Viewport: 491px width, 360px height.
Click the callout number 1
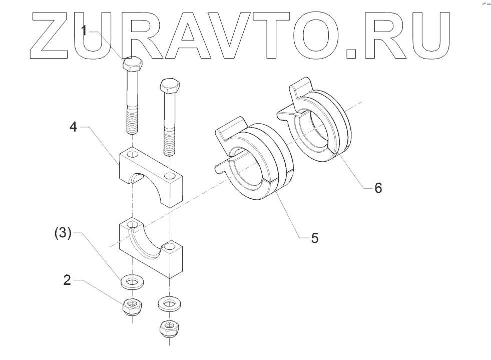(x=85, y=31)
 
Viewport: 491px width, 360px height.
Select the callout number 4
(x=73, y=127)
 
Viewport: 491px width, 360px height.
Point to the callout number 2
(x=66, y=280)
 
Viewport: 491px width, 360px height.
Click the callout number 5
(x=314, y=237)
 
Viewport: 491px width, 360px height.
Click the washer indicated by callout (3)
(x=132, y=281)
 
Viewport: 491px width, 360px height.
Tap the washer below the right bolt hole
(x=170, y=303)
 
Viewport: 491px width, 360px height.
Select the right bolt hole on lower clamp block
(x=170, y=246)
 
